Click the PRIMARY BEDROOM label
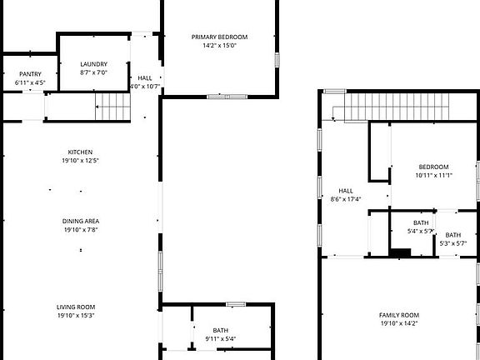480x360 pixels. click(x=219, y=37)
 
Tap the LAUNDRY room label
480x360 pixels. click(x=93, y=64)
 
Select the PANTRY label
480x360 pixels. click(x=30, y=74)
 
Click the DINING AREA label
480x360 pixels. click(x=81, y=221)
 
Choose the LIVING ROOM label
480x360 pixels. click(x=76, y=307)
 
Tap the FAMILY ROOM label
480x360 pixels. click(x=398, y=315)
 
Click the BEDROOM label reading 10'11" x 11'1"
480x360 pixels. click(x=433, y=167)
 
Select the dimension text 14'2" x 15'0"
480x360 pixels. click(x=219, y=46)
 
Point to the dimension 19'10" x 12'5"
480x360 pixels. click(x=81, y=160)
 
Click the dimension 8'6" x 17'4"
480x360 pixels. click(x=346, y=199)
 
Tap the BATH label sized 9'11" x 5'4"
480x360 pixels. click(x=220, y=331)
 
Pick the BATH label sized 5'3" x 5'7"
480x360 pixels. click(x=454, y=236)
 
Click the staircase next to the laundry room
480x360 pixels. click(x=112, y=106)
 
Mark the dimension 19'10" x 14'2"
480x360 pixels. click(x=398, y=323)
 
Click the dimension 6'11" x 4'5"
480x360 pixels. click(x=30, y=82)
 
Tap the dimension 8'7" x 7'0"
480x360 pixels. click(x=93, y=72)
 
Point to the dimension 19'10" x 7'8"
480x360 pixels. click(x=81, y=229)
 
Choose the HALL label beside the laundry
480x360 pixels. click(x=145, y=77)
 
